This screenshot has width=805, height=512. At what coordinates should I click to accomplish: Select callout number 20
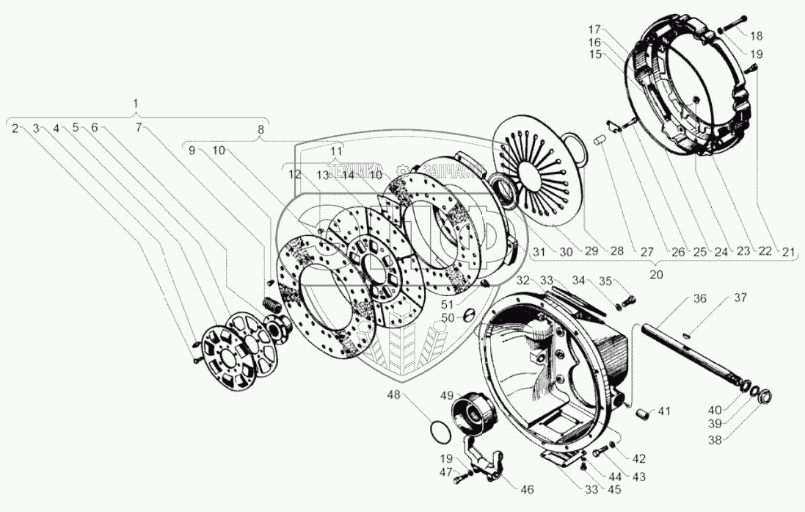(x=657, y=275)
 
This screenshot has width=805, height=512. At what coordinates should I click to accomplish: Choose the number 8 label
(x=259, y=129)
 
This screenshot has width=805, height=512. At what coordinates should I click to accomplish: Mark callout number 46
(x=527, y=490)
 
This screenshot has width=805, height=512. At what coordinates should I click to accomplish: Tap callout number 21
(x=788, y=252)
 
